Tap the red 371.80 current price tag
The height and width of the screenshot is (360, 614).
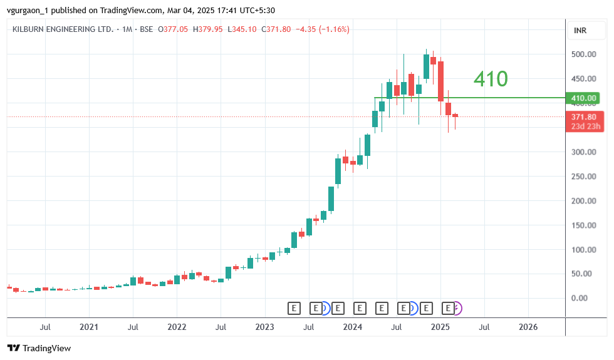586,117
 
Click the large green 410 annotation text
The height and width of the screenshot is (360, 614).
491,79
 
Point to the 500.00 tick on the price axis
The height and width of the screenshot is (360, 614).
583,54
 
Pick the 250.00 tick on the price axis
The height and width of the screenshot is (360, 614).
583,177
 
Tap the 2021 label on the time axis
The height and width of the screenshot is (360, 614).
89,327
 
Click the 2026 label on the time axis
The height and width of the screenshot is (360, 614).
528,327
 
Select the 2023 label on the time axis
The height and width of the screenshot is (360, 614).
264,327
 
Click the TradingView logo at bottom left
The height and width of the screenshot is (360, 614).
39,348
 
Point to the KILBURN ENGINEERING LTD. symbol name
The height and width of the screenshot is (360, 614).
63,29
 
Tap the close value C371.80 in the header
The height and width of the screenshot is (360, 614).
276,29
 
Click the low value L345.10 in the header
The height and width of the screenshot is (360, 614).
242,29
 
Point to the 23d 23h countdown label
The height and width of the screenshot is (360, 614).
586,126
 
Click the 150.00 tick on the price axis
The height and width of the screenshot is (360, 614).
583,225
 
